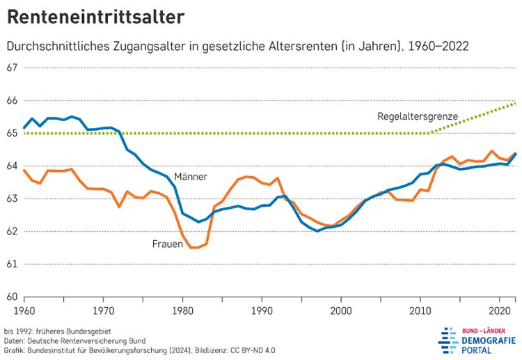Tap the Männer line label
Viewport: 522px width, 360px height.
(191, 177)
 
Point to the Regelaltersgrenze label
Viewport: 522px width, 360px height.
(418, 116)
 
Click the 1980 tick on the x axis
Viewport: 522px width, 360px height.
(182, 309)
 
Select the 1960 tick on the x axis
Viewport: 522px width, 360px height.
(24, 309)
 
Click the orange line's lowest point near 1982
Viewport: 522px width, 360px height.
(193, 247)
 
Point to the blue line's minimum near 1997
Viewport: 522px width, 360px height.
(317, 230)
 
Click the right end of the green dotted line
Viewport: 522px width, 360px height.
(515, 103)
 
